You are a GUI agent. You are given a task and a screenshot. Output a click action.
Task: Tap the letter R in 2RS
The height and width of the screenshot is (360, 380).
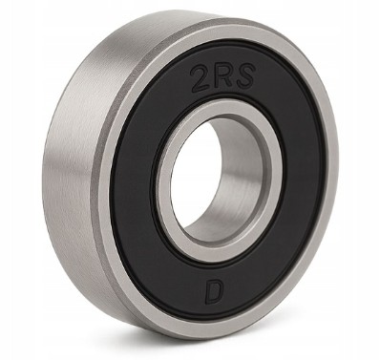222,76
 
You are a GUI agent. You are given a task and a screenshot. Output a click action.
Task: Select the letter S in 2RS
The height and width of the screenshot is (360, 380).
244,75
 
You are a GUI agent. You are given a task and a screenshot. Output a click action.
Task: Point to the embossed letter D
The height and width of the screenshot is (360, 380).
213,292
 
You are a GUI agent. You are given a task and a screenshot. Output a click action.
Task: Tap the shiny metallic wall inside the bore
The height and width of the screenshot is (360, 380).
232,179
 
